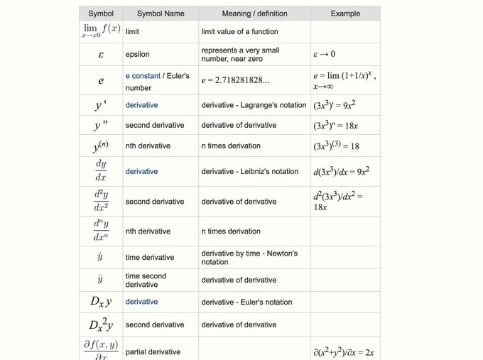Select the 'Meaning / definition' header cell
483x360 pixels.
(254, 13)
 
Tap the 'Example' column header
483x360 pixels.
(345, 13)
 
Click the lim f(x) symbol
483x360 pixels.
(100, 31)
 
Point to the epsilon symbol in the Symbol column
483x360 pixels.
(100, 54)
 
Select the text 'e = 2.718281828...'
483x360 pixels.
(235, 81)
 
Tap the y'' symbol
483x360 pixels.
(100, 126)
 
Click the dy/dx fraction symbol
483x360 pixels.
(100, 171)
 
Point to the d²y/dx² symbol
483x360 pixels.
(100, 202)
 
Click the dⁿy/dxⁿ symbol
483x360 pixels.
(100, 231)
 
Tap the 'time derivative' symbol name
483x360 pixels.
(149, 257)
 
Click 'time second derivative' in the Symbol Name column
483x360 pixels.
(146, 280)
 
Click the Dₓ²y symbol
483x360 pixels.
(100, 324)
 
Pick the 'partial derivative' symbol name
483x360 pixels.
(153, 351)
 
